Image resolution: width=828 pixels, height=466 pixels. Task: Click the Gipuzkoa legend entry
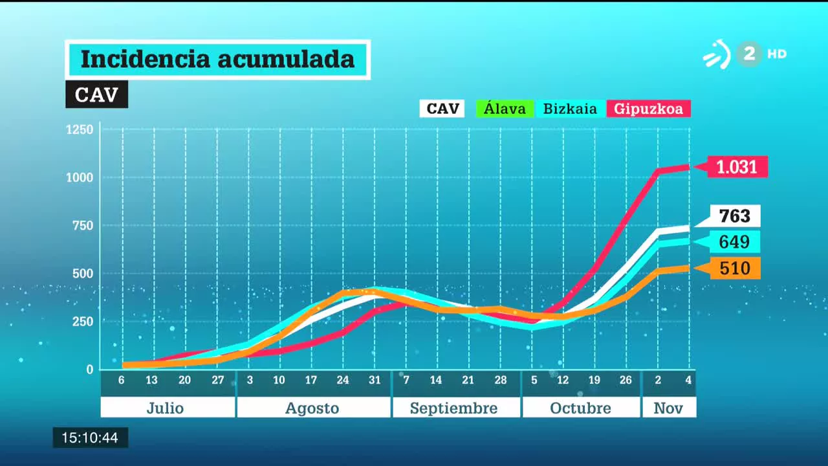pos(648,109)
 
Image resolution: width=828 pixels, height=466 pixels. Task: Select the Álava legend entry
pos(505,109)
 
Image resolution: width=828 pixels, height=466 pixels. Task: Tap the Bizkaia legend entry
pos(570,109)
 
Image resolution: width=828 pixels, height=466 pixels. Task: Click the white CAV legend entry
pos(442,109)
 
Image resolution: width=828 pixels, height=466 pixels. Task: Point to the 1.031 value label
pos(737,167)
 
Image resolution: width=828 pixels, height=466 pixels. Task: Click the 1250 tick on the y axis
pos(80,129)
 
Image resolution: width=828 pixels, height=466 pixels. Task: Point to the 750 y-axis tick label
pos(82,225)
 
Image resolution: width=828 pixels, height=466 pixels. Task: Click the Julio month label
pos(166,408)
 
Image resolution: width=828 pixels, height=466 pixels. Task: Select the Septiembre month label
pos(454,408)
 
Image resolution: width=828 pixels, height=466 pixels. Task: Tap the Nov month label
pos(668,408)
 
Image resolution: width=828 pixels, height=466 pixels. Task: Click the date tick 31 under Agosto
pos(374,381)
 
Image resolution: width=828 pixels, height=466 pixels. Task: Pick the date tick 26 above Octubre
pos(626,381)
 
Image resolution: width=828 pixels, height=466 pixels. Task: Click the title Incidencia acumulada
pos(217,60)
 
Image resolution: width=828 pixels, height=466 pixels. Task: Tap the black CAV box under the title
pos(96,94)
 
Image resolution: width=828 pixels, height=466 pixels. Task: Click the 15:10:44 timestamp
pos(90,438)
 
